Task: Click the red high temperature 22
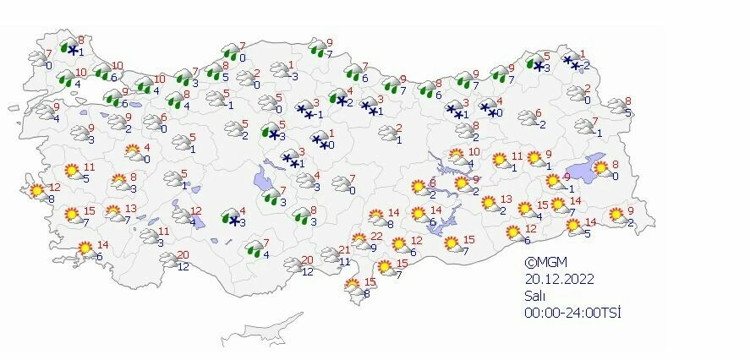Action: pyautogui.click(x=376, y=236)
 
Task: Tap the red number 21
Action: pyautogui.click(x=344, y=249)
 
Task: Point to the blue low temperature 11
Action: pyautogui.click(x=344, y=262)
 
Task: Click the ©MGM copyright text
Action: pyautogui.click(x=542, y=262)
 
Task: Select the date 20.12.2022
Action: pyautogui.click(x=553, y=278)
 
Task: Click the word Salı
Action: pyautogui.click(x=534, y=295)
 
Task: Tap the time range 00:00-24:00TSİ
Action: pyautogui.click(x=572, y=312)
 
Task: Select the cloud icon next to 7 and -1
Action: pyautogui.click(x=583, y=126)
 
